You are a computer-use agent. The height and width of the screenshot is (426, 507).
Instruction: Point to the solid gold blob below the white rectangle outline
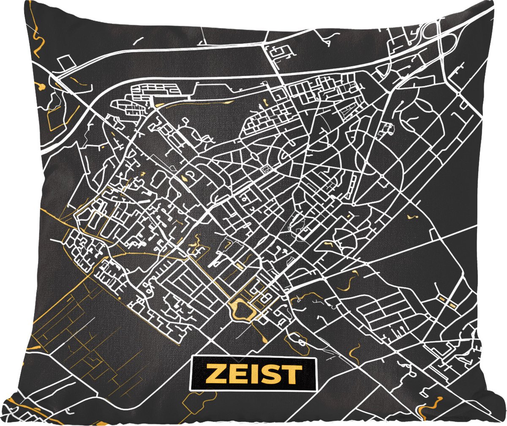41,87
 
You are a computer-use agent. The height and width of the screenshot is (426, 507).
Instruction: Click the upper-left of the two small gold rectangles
442,299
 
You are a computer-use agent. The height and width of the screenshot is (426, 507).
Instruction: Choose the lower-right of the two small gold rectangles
453,305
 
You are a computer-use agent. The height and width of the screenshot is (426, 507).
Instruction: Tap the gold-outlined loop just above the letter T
297,338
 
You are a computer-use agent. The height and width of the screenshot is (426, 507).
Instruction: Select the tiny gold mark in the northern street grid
265,102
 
